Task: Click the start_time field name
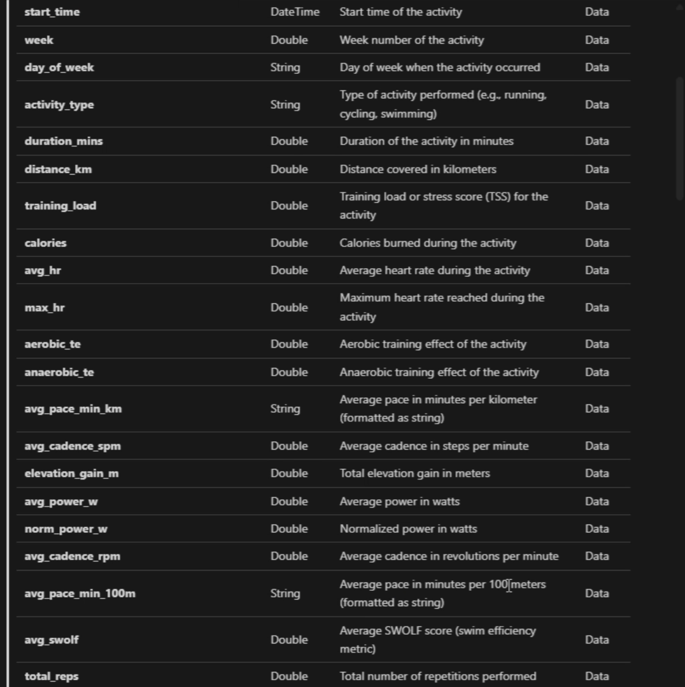click(x=52, y=12)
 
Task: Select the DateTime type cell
click(x=295, y=12)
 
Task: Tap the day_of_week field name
click(x=59, y=67)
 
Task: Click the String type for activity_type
click(x=285, y=104)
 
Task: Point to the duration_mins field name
click(x=64, y=141)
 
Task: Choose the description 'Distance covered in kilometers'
click(x=418, y=169)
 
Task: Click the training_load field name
click(x=60, y=206)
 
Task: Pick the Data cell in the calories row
click(x=597, y=243)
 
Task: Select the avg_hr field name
click(x=43, y=271)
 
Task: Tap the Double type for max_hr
click(x=289, y=308)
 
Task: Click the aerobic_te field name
click(x=53, y=344)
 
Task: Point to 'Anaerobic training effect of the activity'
click(x=439, y=372)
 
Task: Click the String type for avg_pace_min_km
click(x=285, y=409)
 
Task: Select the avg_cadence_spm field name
click(x=73, y=446)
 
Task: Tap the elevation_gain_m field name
click(x=71, y=474)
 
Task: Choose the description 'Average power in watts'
click(x=399, y=502)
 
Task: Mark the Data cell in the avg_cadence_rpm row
click(x=597, y=556)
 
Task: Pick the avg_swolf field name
click(x=52, y=640)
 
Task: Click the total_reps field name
click(x=52, y=677)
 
